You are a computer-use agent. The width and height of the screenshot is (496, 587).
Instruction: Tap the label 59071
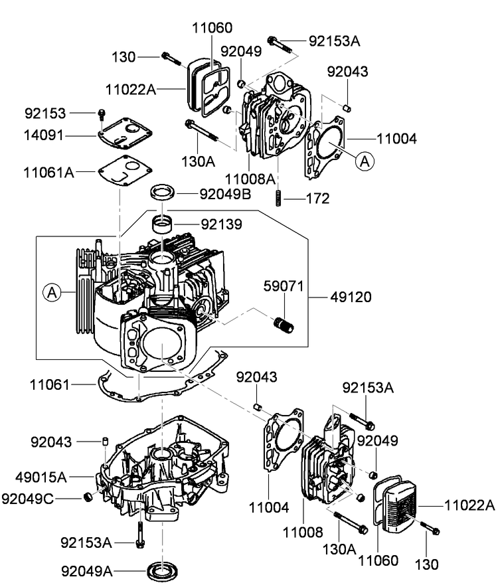(x=284, y=287)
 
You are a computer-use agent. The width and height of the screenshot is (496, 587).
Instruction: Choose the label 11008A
(x=250, y=178)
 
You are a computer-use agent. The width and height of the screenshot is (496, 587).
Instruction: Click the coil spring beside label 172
(x=279, y=197)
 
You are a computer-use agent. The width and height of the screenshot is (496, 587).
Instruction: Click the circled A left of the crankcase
(x=52, y=291)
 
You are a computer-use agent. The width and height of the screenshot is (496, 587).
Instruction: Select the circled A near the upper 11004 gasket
(x=364, y=160)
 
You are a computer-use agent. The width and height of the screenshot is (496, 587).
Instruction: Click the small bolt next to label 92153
(x=102, y=114)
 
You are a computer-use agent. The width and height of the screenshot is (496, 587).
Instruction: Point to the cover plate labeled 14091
(x=124, y=132)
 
